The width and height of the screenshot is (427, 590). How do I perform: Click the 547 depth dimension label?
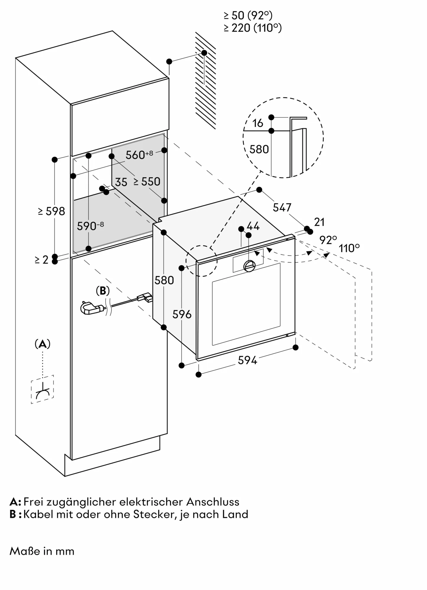[282, 208]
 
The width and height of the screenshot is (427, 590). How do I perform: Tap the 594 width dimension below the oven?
[247, 360]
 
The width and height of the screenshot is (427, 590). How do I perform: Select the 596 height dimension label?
[182, 314]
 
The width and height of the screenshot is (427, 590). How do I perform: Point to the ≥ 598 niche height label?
[51, 211]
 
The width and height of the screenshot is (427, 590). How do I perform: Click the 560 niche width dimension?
[139, 155]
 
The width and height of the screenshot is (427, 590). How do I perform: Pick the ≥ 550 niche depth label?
[147, 182]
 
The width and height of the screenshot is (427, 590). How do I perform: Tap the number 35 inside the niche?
[121, 182]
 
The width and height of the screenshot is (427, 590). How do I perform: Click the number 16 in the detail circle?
[257, 123]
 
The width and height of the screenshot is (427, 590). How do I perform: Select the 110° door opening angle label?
[349, 248]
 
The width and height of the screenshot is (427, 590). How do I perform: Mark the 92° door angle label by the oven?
[328, 240]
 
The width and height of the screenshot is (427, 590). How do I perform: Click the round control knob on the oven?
[249, 266]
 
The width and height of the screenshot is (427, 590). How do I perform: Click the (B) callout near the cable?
[103, 291]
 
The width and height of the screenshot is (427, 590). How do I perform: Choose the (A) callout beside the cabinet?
[43, 344]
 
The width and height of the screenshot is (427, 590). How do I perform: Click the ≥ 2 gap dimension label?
[41, 260]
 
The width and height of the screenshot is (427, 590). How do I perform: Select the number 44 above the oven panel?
[253, 226]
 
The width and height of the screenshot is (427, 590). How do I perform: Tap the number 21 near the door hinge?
[319, 222]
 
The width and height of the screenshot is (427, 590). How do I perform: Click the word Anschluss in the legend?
[213, 502]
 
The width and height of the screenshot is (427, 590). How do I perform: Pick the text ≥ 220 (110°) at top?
[252, 28]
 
